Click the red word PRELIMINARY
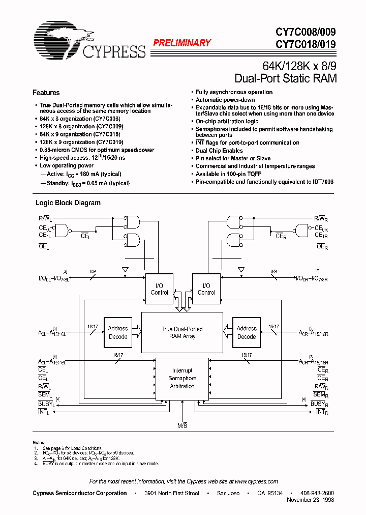181,43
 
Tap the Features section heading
46,93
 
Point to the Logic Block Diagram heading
68,203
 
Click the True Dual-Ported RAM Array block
181,332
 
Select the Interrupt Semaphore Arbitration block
181,379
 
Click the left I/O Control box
159,289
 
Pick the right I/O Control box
206,289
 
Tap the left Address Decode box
118,332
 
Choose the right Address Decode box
247,332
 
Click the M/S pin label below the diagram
182,425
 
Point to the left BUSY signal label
44,404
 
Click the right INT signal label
321,411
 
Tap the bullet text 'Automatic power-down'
225,100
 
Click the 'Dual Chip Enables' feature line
219,151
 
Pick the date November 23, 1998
311,500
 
